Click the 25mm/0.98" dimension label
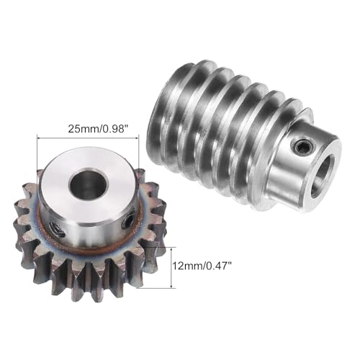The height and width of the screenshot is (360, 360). pyautogui.click(x=97, y=129)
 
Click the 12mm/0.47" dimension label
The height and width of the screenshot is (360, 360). pyautogui.click(x=202, y=266)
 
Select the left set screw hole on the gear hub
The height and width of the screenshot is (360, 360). pyautogui.click(x=58, y=230)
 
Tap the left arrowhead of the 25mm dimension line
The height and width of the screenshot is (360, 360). pyautogui.click(x=39, y=138)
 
